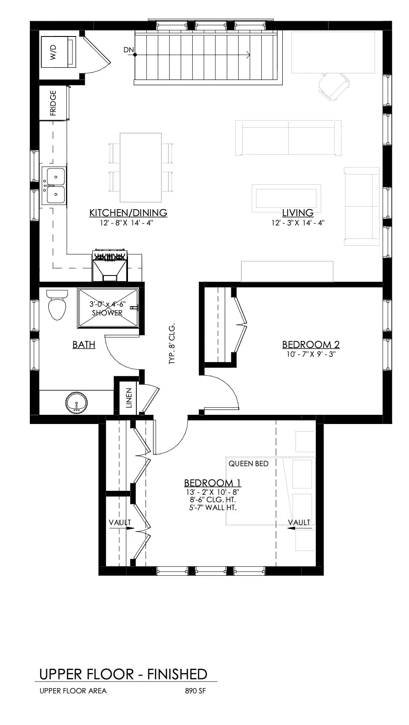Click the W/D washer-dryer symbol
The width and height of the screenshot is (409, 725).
[x=58, y=52]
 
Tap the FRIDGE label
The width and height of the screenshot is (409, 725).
[x=53, y=103]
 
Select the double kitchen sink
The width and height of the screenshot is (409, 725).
[x=54, y=185]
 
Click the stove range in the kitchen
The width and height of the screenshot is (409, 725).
[x=110, y=266]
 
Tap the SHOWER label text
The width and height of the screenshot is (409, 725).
[x=107, y=313]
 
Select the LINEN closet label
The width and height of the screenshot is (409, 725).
[x=129, y=398]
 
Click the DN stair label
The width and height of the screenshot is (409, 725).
[x=128, y=50]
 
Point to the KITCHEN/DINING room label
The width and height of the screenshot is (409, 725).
[x=128, y=213]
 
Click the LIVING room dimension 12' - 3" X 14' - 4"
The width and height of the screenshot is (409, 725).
[x=298, y=223]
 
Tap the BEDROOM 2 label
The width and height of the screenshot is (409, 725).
[x=310, y=344]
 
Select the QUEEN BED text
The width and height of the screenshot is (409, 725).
[x=248, y=464]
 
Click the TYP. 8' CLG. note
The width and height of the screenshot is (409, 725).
[x=172, y=344]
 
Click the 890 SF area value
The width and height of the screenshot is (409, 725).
[x=196, y=691]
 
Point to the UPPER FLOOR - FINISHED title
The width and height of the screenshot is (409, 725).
[x=123, y=674]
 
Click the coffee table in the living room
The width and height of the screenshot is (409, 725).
[x=286, y=196]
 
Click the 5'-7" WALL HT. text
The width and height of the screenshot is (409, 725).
[x=212, y=507]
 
